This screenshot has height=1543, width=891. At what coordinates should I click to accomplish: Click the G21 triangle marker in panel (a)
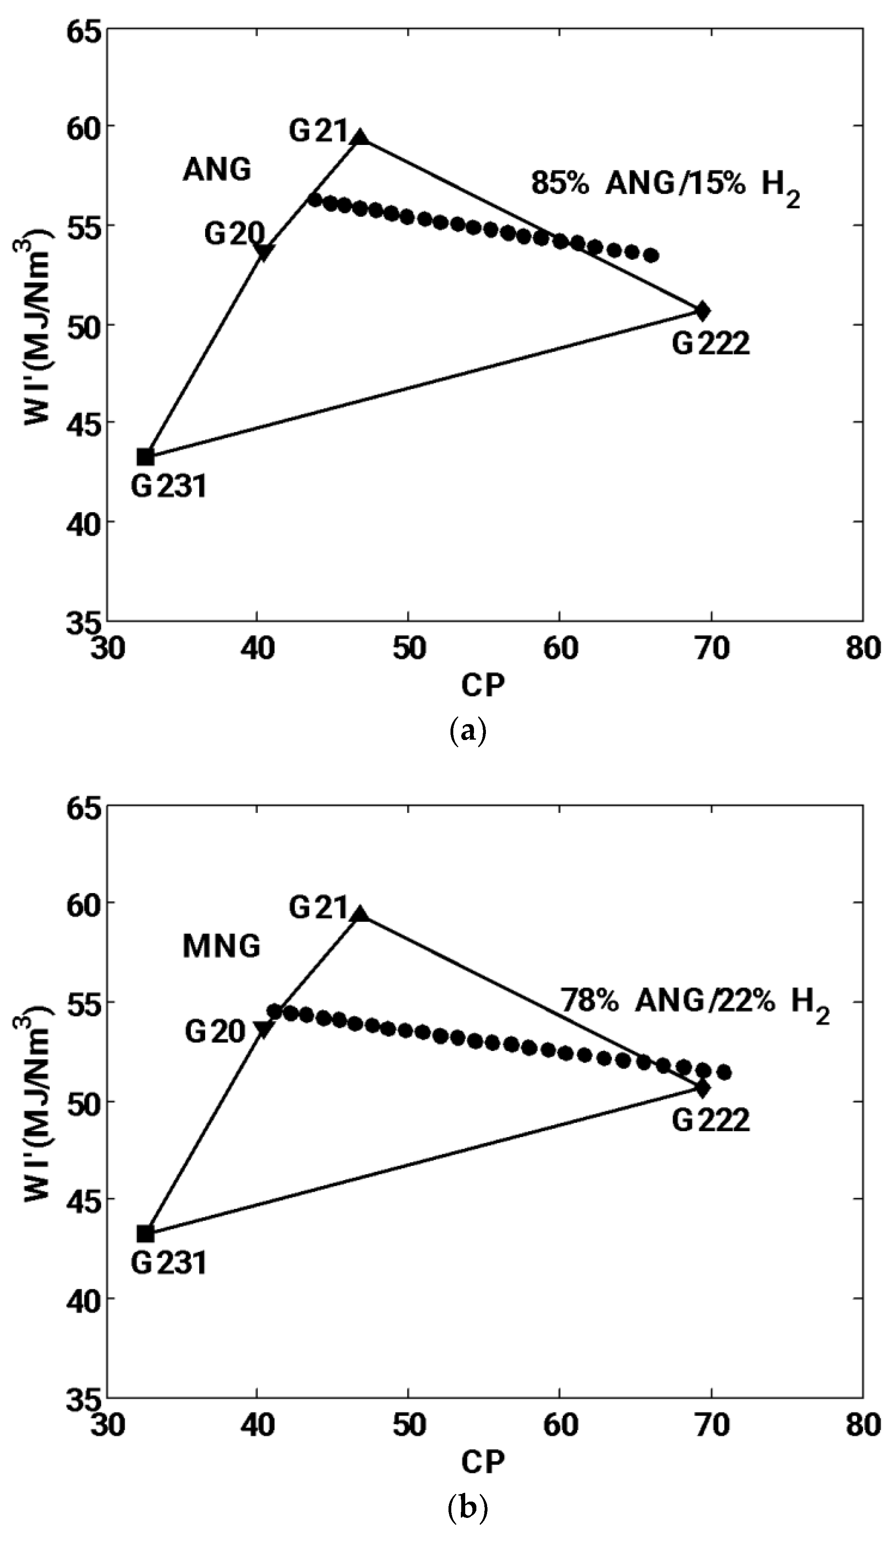361,137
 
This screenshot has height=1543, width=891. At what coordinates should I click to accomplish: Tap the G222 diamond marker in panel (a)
703,311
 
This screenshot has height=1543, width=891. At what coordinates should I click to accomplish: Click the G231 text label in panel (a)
169,487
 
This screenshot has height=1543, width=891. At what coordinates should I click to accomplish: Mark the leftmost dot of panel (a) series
315,200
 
